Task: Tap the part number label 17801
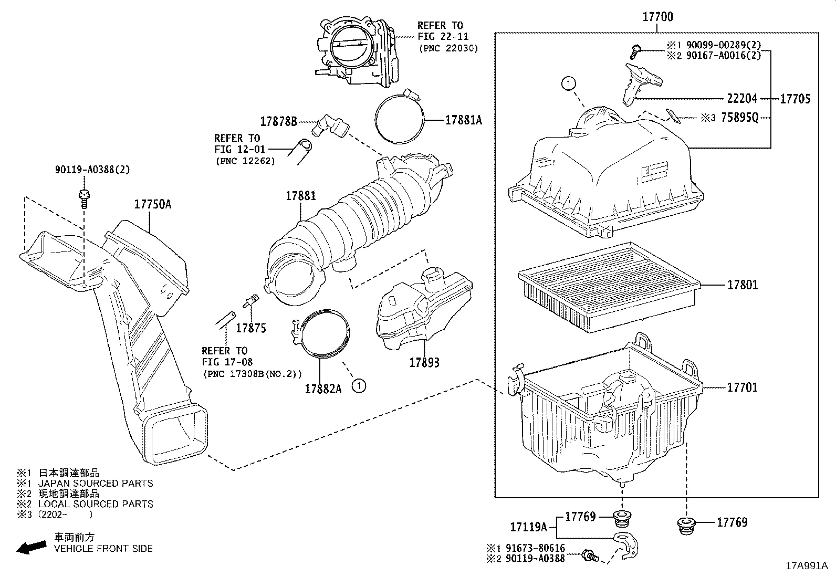tap(742, 285)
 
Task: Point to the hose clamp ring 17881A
tap(400, 118)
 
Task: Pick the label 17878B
tap(279, 122)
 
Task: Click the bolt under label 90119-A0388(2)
tap(83, 198)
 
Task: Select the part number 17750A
tap(152, 204)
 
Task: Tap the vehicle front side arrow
tap(30, 548)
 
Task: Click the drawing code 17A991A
tap(807, 566)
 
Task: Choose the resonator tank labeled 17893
tap(423, 310)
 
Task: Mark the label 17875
tap(250, 329)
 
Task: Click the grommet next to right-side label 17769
tap(685, 526)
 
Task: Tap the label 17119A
tap(528, 527)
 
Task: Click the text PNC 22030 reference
tap(448, 48)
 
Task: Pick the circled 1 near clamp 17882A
tap(359, 386)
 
